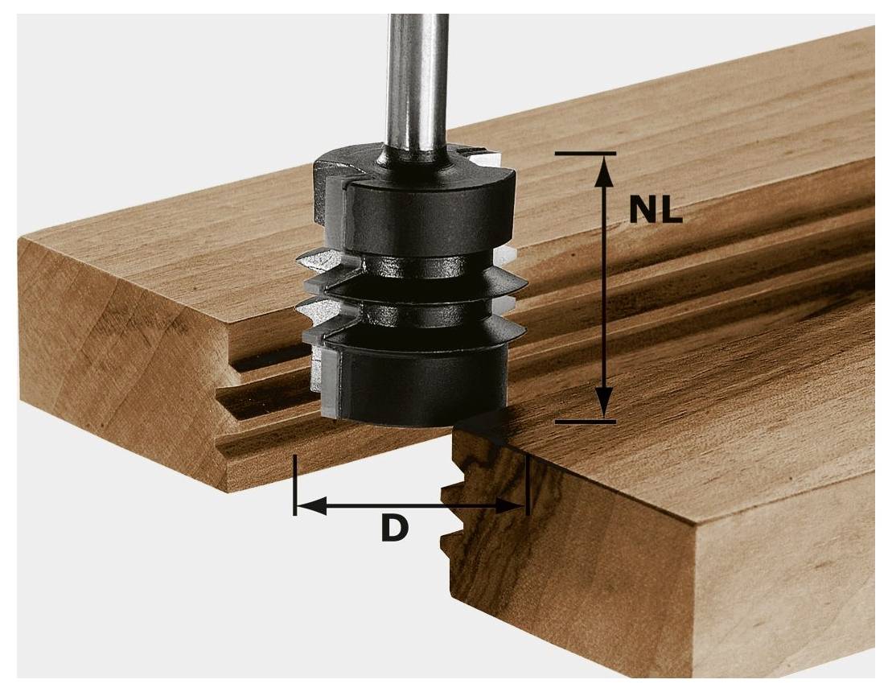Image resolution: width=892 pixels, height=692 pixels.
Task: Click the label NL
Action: tap(655, 210)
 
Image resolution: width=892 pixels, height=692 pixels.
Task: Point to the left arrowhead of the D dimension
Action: tap(310, 506)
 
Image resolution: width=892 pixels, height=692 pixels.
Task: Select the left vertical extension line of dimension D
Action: tap(296, 483)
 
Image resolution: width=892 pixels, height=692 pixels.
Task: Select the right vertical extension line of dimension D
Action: tap(528, 483)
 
